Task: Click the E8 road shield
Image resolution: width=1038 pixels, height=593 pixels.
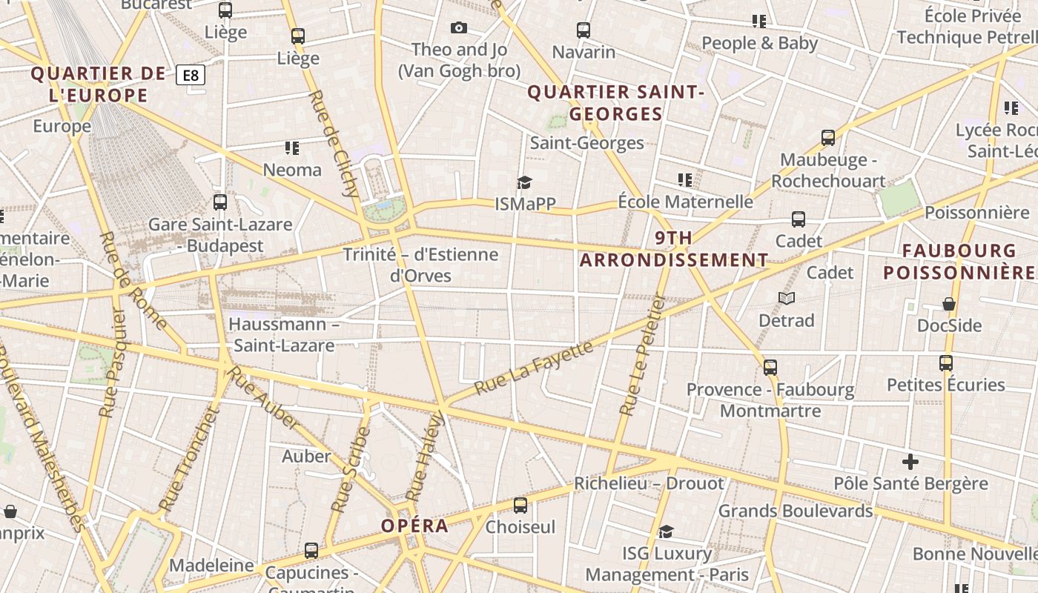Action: [191, 75]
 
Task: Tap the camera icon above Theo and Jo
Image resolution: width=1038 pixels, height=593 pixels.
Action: [459, 28]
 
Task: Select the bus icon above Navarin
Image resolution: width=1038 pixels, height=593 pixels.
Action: [584, 30]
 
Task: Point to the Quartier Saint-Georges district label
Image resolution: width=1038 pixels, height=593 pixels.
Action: [615, 103]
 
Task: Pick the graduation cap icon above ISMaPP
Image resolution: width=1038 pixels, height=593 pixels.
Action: [525, 182]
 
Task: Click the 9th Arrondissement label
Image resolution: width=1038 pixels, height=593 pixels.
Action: [674, 249]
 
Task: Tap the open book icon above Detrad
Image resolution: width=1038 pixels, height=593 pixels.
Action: [787, 298]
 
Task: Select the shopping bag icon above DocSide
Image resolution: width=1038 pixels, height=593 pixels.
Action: [949, 304]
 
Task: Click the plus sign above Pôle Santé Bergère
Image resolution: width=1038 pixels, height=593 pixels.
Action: [910, 462]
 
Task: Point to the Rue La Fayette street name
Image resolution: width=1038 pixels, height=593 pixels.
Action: [534, 368]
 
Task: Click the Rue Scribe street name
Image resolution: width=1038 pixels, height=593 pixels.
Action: [350, 470]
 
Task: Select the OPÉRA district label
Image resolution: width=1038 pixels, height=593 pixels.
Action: [414, 526]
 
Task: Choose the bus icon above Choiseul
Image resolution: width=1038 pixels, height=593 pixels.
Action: [520, 506]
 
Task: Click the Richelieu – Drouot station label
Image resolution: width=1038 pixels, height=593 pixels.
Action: [649, 483]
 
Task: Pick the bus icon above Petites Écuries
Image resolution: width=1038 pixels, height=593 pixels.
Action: [946, 363]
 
